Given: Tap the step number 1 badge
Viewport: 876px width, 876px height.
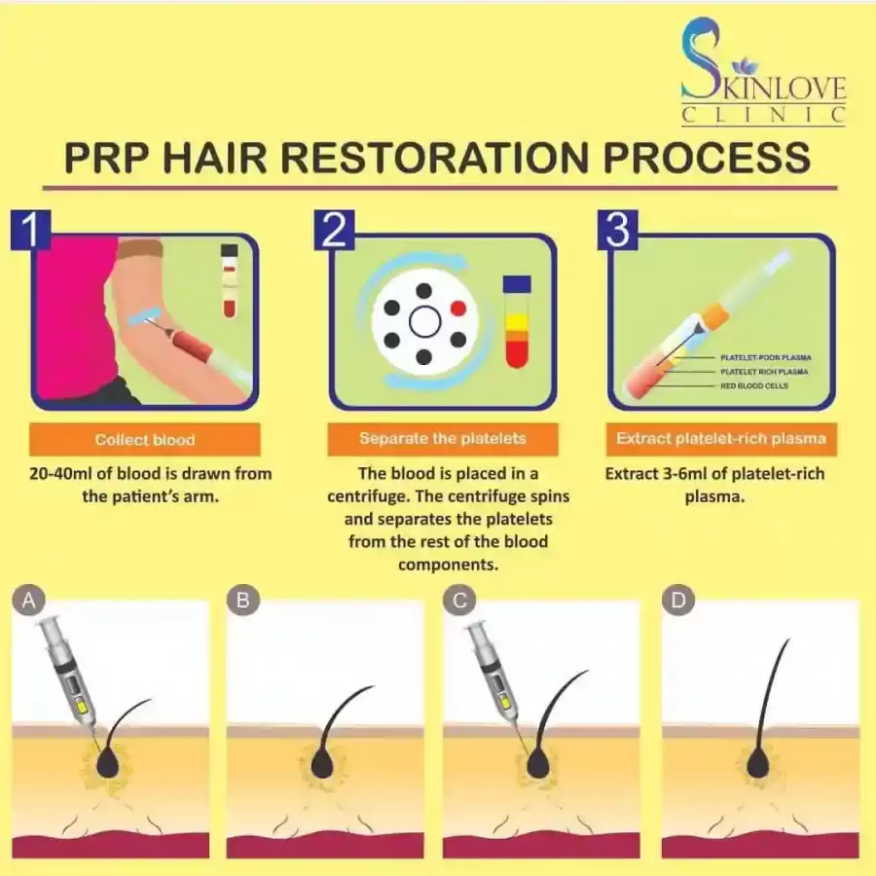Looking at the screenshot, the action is [31, 230].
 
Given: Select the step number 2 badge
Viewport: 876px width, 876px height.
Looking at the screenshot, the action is [334, 230].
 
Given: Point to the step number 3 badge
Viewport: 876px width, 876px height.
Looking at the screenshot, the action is [618, 230].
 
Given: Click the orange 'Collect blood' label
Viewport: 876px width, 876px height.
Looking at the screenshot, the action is [145, 440].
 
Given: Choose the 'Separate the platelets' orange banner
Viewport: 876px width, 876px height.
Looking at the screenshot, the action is [443, 439].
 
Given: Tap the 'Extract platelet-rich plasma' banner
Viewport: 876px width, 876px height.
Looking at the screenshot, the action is [721, 439].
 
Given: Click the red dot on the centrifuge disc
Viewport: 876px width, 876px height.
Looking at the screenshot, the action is [458, 308].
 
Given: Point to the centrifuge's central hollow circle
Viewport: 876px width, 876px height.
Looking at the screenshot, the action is [425, 322].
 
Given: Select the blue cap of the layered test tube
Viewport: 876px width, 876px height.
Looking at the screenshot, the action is [517, 284].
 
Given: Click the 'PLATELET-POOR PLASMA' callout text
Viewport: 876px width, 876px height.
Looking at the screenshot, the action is [765, 357].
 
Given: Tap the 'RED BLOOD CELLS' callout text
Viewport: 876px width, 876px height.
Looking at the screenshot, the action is [754, 386].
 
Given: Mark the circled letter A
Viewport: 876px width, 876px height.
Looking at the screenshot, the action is [28, 601].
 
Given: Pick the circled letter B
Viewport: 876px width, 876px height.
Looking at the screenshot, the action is [243, 601].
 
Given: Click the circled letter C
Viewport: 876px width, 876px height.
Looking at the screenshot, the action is [459, 601].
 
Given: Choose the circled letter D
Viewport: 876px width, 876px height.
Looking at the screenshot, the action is [678, 601].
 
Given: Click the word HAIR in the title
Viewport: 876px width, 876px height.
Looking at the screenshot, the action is [214, 158].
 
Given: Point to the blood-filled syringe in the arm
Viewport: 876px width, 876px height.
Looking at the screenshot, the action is [190, 342].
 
